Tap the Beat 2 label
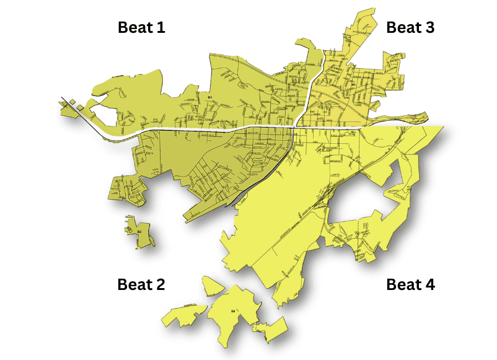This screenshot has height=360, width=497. [141, 284]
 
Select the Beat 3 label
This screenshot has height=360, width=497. [410, 27]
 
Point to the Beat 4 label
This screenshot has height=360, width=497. [410, 284]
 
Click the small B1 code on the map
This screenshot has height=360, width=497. [210, 97]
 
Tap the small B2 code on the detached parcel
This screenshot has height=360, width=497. [139, 232]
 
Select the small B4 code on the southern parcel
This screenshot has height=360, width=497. [233, 310]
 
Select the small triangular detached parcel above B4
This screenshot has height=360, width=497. [212, 286]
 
